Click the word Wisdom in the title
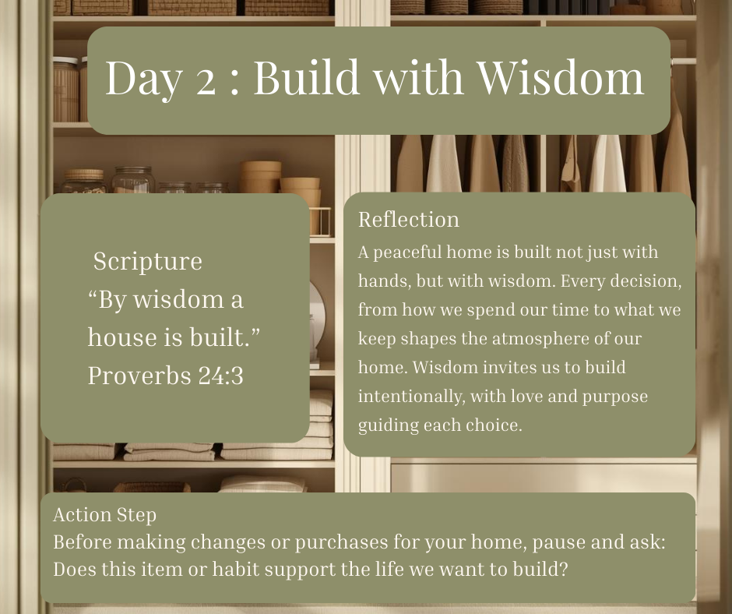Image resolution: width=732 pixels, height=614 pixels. pyautogui.click(x=560, y=76)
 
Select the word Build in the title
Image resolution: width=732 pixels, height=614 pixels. pyautogui.click(x=307, y=76)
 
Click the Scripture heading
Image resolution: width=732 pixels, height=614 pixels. pyautogui.click(x=147, y=261)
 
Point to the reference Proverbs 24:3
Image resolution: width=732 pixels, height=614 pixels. pyautogui.click(x=166, y=376)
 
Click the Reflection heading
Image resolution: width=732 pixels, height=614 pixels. pyautogui.click(x=409, y=219)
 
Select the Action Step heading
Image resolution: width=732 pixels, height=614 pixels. pyautogui.click(x=104, y=515)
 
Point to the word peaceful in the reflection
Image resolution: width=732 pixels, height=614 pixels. pyautogui.click(x=407, y=252)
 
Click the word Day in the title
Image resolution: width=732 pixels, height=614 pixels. pyautogui.click(x=143, y=78)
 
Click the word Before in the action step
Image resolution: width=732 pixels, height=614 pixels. pyautogui.click(x=83, y=542)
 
